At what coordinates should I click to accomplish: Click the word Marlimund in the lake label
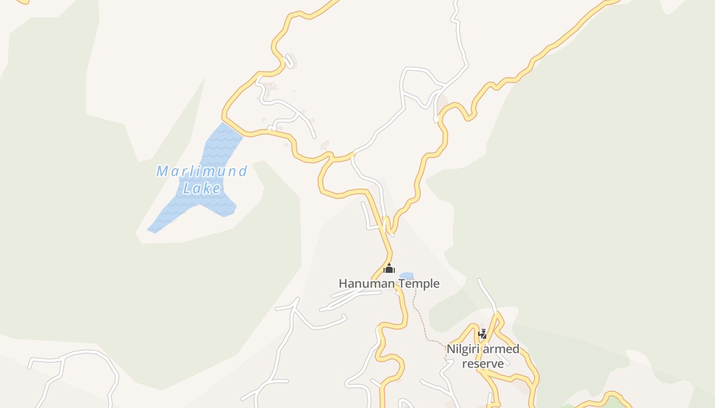tap(202, 171)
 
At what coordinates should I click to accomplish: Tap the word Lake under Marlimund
tap(202, 189)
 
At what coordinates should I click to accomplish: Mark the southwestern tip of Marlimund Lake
tap(150, 231)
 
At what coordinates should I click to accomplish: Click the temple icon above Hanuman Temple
tap(389, 268)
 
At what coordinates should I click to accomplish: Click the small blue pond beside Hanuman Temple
tap(406, 276)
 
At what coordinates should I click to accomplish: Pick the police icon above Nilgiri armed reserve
tap(482, 334)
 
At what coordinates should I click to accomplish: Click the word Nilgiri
tap(463, 349)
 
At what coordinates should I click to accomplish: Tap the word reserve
tap(483, 363)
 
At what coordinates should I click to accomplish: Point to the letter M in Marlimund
tap(162, 171)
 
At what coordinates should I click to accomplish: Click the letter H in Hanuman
tap(343, 284)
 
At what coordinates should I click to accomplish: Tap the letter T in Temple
tap(401, 284)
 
